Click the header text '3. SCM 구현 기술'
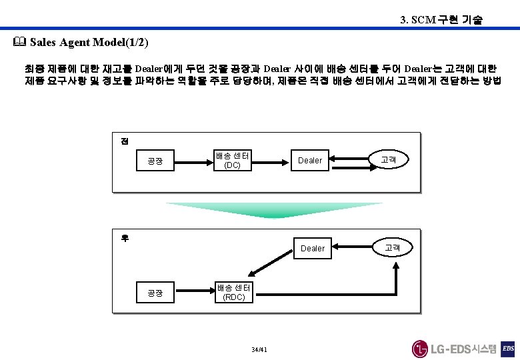441,20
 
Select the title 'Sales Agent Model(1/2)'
89,43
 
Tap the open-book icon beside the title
18,43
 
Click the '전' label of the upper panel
125,140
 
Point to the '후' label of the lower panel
125,237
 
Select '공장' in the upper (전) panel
155,161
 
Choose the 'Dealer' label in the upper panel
310,161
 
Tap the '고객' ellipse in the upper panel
388,160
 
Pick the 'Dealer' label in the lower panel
313,249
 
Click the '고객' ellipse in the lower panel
392,247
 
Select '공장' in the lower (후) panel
155,293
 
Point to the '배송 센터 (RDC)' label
234,292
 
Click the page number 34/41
259,350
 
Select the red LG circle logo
420,349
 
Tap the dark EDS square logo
508,349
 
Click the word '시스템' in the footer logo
484,349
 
